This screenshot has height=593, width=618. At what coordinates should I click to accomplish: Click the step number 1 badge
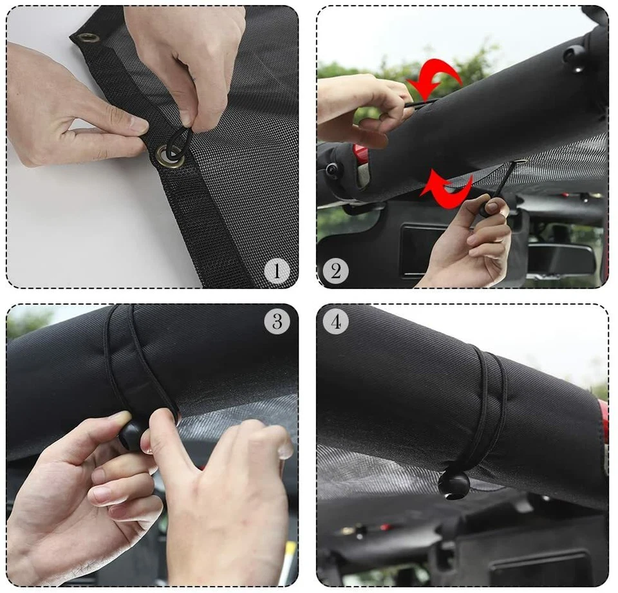click(277, 271)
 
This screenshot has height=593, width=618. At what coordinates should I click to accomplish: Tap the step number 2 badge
click(335, 271)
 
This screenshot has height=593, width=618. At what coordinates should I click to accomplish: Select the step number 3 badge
click(277, 321)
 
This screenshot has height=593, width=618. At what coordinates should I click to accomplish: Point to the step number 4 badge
click(335, 321)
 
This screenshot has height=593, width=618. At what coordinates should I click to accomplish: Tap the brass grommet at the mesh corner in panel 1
click(88, 38)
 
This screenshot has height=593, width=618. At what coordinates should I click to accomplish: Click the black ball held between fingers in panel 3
click(132, 435)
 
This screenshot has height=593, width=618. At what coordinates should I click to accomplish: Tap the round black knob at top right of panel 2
click(575, 57)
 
